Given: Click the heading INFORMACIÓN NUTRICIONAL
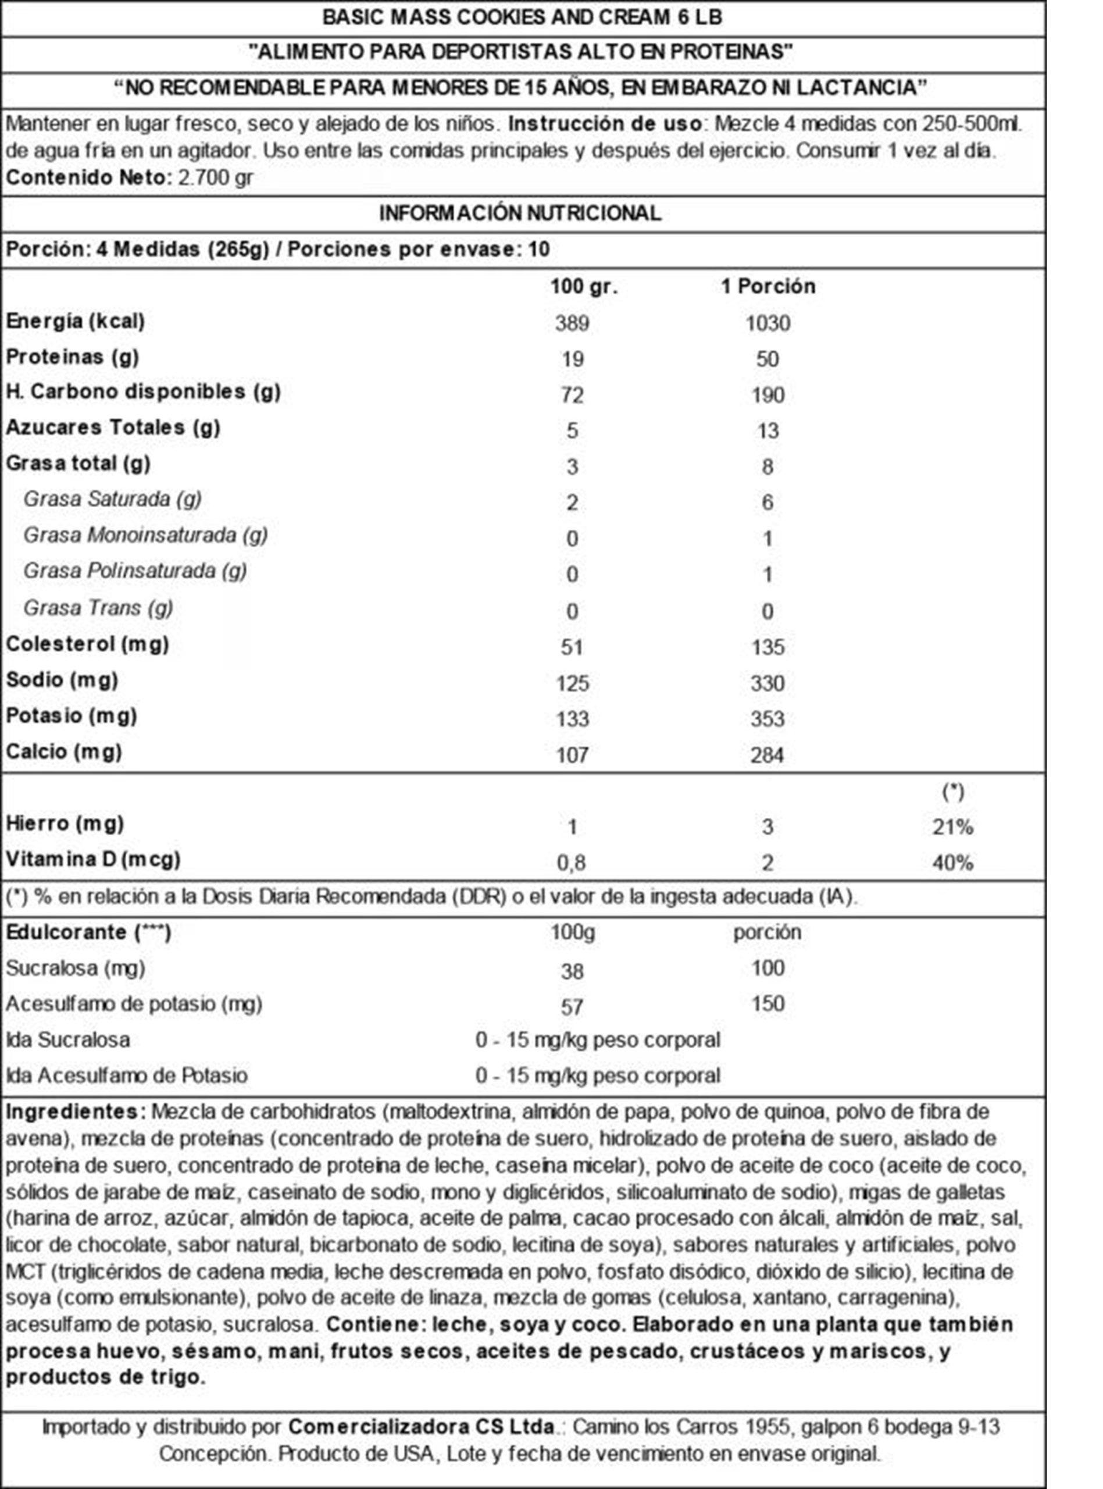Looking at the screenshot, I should click(520, 213).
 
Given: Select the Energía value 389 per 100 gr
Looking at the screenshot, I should click(572, 324).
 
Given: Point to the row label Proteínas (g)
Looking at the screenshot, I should click(72, 357).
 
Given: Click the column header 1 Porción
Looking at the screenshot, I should click(768, 286).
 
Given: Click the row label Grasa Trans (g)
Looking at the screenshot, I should click(98, 608).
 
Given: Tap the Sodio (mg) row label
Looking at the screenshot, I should click(62, 681).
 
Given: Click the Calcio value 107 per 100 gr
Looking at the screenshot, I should click(572, 755).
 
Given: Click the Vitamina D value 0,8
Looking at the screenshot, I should click(572, 863).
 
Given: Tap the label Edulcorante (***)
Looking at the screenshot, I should click(88, 932).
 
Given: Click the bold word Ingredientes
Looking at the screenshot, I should click(75, 1112).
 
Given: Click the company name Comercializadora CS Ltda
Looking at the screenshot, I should click(422, 1427).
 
